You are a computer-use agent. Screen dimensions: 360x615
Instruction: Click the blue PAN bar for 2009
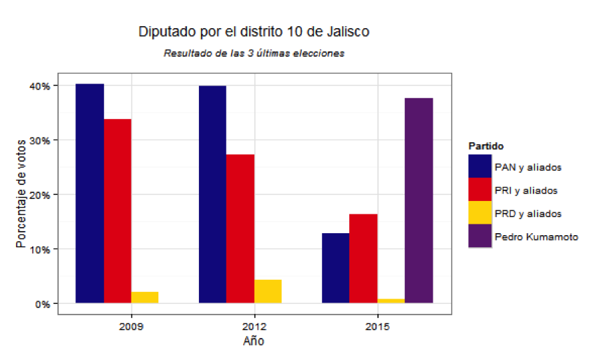90,194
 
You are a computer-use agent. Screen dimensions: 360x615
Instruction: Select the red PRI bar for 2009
118,211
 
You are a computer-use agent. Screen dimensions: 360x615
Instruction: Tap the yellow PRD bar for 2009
145,297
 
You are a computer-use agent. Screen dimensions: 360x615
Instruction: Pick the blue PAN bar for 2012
213,194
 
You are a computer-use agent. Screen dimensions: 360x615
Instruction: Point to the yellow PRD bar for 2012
268,291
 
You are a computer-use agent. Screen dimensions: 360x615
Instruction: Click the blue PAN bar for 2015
336,268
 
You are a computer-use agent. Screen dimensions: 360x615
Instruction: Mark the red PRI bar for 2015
363,258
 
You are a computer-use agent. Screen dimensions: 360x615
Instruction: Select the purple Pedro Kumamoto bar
419,200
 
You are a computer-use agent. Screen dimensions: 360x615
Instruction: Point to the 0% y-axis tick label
42,304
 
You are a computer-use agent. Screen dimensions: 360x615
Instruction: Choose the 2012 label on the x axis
254,327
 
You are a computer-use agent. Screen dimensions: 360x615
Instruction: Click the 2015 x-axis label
377,327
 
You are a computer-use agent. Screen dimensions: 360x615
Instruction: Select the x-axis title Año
254,342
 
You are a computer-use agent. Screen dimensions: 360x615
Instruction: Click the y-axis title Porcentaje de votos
22,194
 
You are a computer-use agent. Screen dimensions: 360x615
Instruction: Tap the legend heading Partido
485,146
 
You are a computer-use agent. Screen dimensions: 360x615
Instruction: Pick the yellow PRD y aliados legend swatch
480,213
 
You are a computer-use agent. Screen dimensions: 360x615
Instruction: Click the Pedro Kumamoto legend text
536,236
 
